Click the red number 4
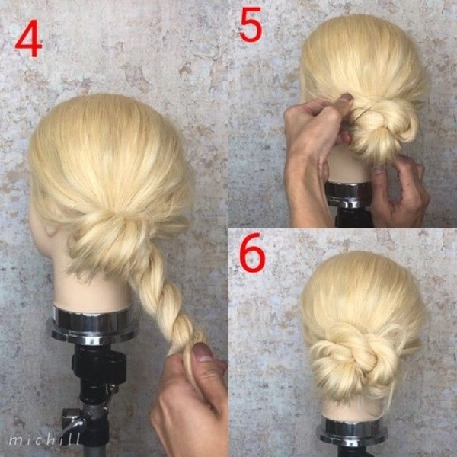tap(29, 38)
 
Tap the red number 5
tap(251, 24)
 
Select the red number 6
tap(252, 252)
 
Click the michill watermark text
tap(44, 439)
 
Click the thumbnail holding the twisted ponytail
tap(203, 352)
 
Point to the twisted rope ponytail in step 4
tap(165, 303)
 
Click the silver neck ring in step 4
tap(92, 324)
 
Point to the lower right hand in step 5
tap(400, 193)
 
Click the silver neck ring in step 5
tap(349, 194)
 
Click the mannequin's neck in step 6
tap(353, 410)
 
